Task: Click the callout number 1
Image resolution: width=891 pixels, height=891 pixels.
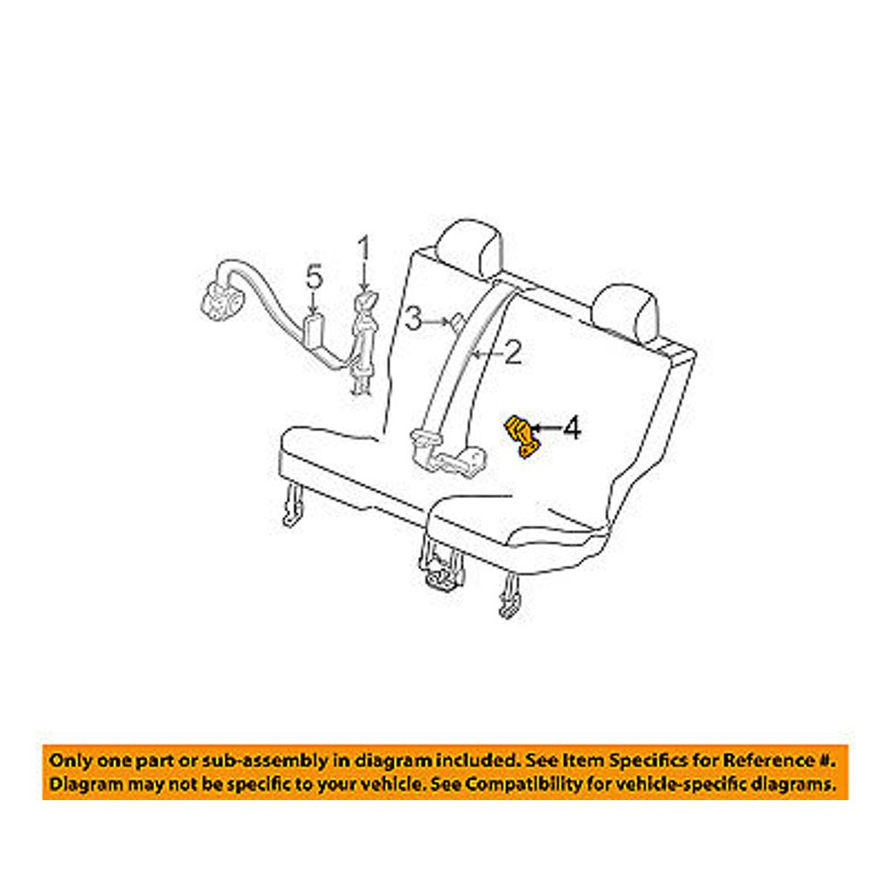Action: [x=364, y=247]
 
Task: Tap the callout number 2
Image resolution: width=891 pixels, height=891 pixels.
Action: [x=511, y=356]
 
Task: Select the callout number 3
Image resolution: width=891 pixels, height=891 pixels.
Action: [x=413, y=317]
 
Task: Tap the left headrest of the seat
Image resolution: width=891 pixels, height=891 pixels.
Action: [x=471, y=247]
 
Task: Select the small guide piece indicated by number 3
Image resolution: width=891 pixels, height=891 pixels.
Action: [x=454, y=319]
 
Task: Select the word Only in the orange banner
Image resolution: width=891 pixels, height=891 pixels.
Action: [x=69, y=761]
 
